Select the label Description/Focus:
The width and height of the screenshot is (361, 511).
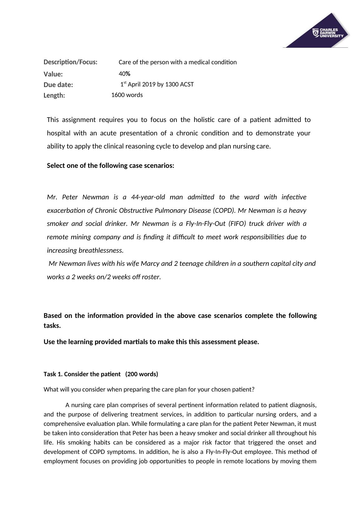(x=70, y=62)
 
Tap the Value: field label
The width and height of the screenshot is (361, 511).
(x=53, y=74)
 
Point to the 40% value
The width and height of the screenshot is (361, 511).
(x=124, y=74)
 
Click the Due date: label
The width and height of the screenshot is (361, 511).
(x=58, y=85)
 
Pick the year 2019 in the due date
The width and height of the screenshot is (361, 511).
(x=149, y=84)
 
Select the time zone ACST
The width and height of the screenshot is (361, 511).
(x=187, y=84)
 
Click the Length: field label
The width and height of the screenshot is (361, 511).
(x=54, y=95)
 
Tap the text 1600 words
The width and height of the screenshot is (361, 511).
(x=127, y=95)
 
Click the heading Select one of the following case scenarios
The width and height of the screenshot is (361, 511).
(x=110, y=166)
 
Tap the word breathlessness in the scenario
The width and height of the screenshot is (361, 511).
(x=101, y=251)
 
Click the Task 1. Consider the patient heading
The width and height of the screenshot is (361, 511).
(x=82, y=374)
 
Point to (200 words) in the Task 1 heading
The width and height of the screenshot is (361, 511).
(x=142, y=374)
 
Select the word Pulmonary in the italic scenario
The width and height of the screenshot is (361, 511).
(x=171, y=211)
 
